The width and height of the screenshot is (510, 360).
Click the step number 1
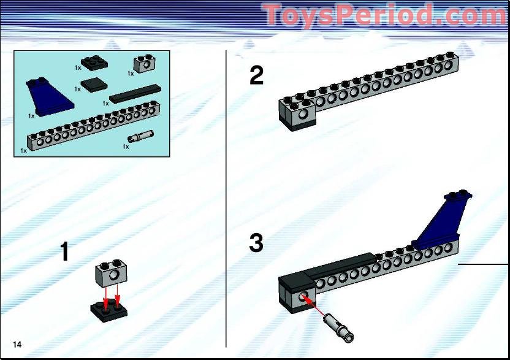point(65,252)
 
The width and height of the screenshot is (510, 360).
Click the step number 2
point(257,75)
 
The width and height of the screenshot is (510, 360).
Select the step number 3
point(256,243)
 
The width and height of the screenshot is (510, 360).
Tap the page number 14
point(17,345)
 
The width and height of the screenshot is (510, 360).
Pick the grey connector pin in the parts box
point(141,136)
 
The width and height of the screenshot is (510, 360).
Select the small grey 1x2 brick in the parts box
point(143,64)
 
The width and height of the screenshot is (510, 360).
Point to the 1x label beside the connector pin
point(126,147)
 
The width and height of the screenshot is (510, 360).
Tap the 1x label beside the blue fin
point(31,115)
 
